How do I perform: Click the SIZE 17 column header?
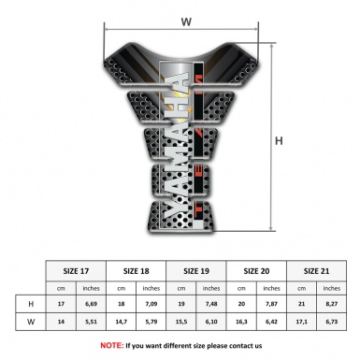pos(77,269)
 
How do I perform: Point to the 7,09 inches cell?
pos(152,304)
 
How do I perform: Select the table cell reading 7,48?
pos(213,304)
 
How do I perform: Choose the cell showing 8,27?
pos(334,304)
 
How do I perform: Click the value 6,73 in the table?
pos(334,323)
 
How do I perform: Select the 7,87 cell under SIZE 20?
pos(273,304)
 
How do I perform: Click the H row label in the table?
pos(32,304)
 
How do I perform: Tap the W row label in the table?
pos(32,323)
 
